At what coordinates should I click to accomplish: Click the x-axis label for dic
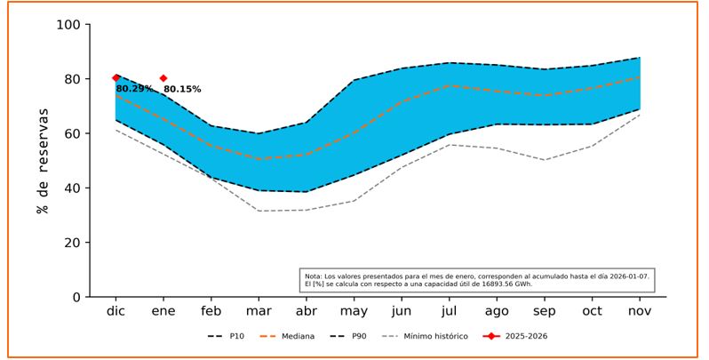point(116,311)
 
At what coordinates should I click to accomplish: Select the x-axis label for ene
point(163,311)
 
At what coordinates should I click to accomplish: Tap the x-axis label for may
point(354,312)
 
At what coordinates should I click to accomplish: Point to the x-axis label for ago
point(497,312)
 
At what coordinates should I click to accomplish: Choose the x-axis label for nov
point(640,311)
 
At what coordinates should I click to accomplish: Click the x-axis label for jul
point(449,311)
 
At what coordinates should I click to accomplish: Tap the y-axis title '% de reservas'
point(43,161)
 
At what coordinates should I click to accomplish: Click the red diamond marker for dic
point(116,78)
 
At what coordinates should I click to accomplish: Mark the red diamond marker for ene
point(163,78)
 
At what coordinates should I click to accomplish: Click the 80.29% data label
point(134,89)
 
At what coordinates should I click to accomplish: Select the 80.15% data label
point(182,90)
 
